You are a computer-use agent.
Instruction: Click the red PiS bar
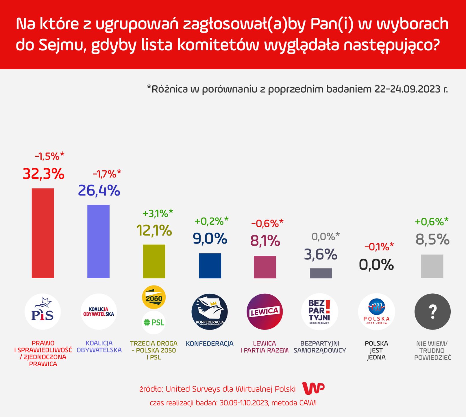coord(43,233)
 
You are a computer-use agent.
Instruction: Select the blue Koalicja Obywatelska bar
coord(98,241)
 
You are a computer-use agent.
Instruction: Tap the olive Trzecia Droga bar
coord(154,261)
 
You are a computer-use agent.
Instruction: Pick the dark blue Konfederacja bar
coord(210,266)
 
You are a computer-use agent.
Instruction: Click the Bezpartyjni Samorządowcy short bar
coord(321,273)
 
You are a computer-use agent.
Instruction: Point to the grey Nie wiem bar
coord(432,266)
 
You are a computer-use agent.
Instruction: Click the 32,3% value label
coord(43,174)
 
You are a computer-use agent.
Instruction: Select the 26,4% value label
coord(99,190)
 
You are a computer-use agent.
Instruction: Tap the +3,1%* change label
coord(158,213)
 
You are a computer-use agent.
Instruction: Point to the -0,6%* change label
coord(267,223)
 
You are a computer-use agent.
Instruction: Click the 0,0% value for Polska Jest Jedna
coord(376,264)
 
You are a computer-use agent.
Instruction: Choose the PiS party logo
coord(43,312)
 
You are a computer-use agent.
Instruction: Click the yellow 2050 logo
coord(154,297)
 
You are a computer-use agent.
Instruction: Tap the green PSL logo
coord(154,322)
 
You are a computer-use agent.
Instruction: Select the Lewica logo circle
coord(265,312)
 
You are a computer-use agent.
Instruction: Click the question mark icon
coord(432,312)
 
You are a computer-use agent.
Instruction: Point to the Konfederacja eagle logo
coord(210,312)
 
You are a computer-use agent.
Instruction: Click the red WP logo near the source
coord(313,388)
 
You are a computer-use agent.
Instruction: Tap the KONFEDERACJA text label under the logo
coord(210,344)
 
